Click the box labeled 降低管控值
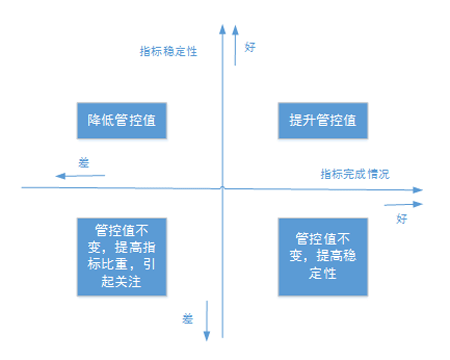click(x=122, y=121)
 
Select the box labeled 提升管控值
click(x=323, y=121)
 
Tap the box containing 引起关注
click(x=122, y=257)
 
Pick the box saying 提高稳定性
click(x=323, y=257)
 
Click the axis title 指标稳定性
click(x=168, y=51)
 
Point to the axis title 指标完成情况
click(x=355, y=174)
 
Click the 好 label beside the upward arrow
click(x=250, y=47)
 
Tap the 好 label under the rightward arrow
click(x=402, y=219)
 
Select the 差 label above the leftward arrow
click(x=84, y=163)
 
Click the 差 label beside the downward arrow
click(x=188, y=319)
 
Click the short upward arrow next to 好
click(x=235, y=45)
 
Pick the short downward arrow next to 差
click(x=207, y=321)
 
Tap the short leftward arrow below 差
click(x=80, y=176)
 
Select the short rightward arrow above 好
click(x=403, y=204)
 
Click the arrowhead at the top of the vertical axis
click(x=222, y=29)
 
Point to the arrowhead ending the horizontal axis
click(x=418, y=190)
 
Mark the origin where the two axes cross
click(x=222, y=188)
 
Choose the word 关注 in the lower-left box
click(x=128, y=282)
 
